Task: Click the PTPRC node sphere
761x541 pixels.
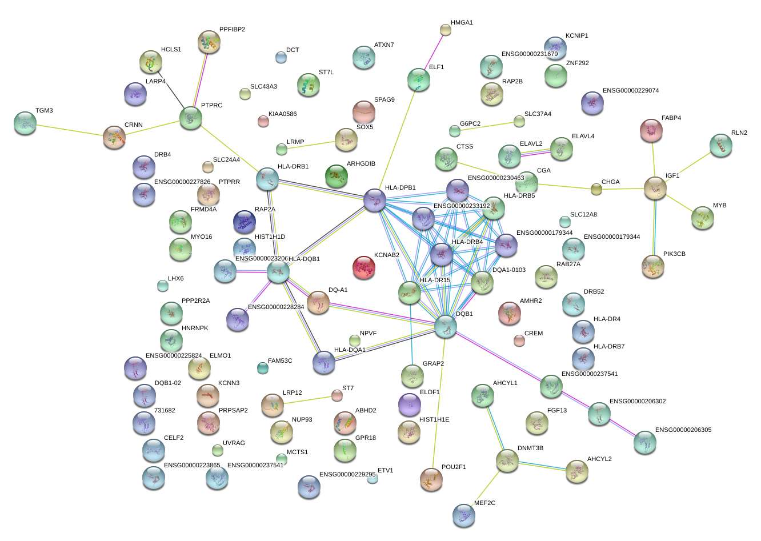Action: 190,118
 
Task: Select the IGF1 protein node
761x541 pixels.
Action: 655,188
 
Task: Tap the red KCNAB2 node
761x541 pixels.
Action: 364,267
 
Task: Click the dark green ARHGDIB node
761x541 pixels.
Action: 337,176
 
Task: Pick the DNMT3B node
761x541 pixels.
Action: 507,460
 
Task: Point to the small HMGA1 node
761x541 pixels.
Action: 446,30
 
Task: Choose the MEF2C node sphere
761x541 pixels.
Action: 463,515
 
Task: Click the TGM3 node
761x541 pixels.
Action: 25,123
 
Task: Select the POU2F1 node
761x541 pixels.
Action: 431,479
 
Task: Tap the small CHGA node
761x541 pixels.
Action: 596,189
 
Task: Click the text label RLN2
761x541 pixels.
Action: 739,133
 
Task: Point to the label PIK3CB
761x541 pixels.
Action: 674,254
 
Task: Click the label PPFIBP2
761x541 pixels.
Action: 232,30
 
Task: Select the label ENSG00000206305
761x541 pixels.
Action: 683,430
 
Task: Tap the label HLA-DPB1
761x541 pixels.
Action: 400,188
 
